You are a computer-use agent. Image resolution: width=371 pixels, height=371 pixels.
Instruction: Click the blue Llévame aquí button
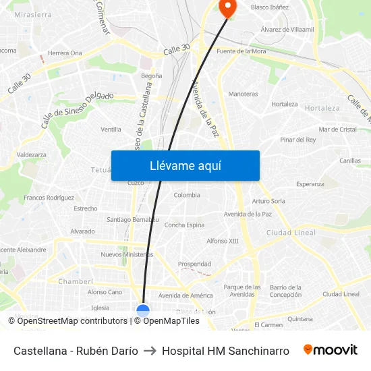click(x=185, y=165)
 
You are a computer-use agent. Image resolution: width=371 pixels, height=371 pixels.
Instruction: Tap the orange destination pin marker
click(x=227, y=7)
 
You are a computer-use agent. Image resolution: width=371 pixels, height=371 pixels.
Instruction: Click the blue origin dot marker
click(x=143, y=311)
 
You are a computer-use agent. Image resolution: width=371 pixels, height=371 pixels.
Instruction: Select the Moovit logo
click(x=331, y=350)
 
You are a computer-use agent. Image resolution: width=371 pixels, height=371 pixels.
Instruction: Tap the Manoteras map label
click(x=243, y=94)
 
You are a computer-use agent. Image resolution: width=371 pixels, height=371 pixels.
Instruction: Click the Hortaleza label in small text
click(x=284, y=105)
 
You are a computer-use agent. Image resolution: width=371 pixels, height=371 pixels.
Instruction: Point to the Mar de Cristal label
click(x=337, y=129)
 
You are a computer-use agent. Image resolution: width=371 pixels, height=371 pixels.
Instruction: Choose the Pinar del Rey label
click(x=297, y=140)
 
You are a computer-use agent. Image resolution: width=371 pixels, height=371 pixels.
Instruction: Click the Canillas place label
click(x=350, y=161)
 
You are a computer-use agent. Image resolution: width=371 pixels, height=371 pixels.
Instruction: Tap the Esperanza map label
click(x=310, y=183)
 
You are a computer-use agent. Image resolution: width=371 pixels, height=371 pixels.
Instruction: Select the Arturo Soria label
click(x=268, y=201)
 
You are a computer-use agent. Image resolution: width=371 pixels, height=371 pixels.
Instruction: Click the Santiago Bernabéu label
click(x=133, y=219)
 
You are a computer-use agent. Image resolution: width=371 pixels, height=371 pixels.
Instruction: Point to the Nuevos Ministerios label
click(x=127, y=254)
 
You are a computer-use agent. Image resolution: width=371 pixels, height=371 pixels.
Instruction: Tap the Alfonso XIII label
click(x=223, y=241)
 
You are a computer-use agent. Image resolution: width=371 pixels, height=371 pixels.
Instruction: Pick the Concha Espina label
click(x=184, y=225)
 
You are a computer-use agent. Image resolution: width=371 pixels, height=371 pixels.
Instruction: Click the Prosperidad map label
click(x=194, y=264)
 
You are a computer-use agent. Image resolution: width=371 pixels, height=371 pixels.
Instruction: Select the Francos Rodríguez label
click(x=49, y=198)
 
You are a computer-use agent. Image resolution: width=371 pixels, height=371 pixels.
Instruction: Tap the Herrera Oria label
click(x=65, y=53)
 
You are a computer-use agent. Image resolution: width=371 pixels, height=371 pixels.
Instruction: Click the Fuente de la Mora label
click(x=241, y=51)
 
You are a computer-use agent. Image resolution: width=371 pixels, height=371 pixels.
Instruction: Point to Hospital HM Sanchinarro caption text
click(x=225, y=351)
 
